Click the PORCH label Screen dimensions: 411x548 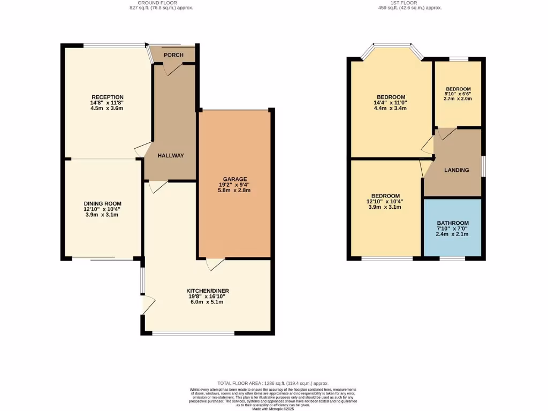pyautogui.click(x=173, y=55)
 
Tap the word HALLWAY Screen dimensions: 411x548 pyautogui.click(x=171, y=156)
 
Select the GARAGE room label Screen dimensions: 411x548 pyautogui.click(x=235, y=179)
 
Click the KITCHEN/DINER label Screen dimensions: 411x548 pyautogui.click(x=208, y=291)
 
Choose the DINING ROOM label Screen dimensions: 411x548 pyautogui.click(x=102, y=203)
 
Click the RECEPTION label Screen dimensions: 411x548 pyautogui.click(x=107, y=97)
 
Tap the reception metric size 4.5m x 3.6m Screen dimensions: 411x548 pyautogui.click(x=107, y=108)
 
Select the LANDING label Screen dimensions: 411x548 pyautogui.click(x=456, y=170)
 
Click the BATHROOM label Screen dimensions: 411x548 pyautogui.click(x=453, y=223)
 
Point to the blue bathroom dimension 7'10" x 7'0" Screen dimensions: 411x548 pyautogui.click(x=453, y=229)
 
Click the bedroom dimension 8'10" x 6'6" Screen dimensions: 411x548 pyautogui.click(x=458, y=94)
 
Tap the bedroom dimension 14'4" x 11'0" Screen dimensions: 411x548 pyautogui.click(x=390, y=103)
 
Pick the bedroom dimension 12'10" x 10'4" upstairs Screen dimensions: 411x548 pyautogui.click(x=385, y=201)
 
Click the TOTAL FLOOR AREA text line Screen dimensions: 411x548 pyautogui.click(x=273, y=384)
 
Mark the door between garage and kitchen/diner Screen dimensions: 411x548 pyautogui.click(x=215, y=264)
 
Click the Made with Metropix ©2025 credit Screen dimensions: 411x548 pyautogui.click(x=273, y=409)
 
